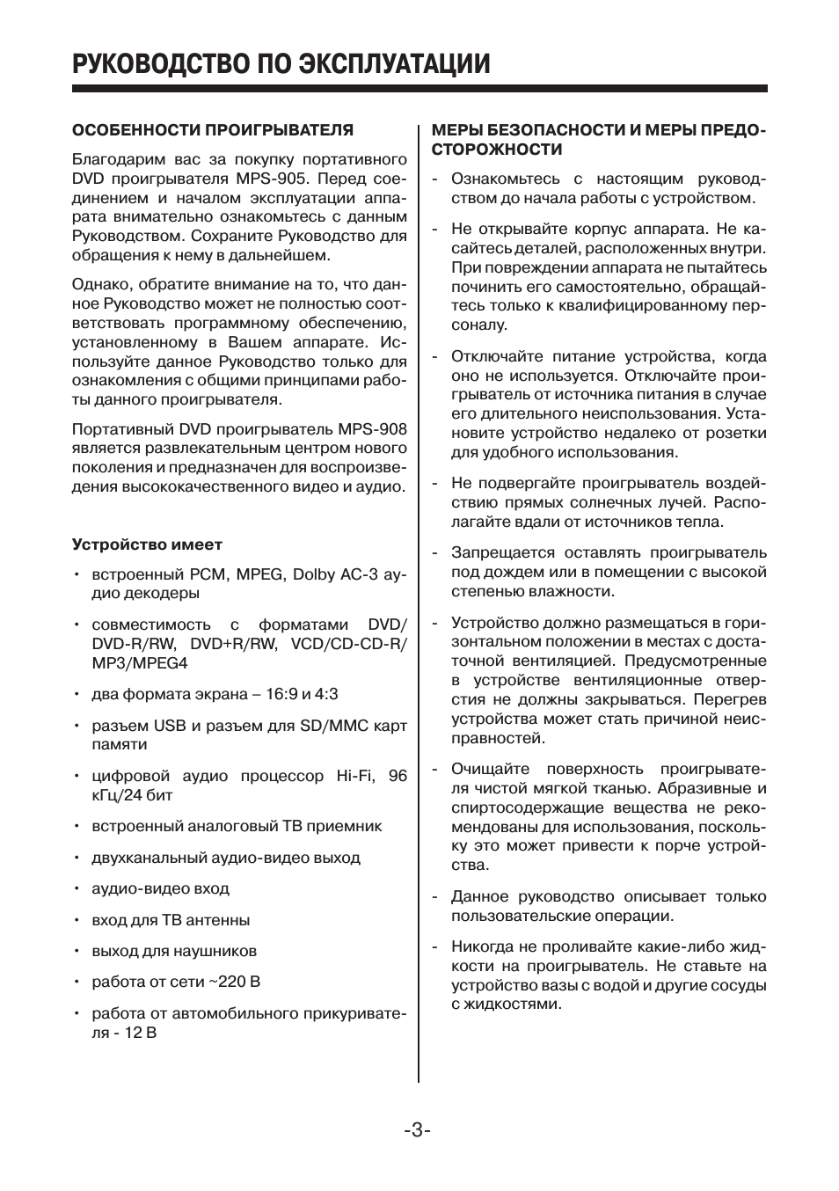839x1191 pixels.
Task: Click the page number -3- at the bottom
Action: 418,1129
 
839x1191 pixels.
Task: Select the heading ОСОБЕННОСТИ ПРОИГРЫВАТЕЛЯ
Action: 212,130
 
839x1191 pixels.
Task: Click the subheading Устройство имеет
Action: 147,544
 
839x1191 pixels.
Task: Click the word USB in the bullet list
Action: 171,726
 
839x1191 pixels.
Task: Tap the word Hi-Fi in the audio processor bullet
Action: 355,776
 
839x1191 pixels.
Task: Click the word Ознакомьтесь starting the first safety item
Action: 506,179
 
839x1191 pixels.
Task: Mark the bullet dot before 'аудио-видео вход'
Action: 77,889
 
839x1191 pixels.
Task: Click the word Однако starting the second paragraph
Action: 98,285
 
